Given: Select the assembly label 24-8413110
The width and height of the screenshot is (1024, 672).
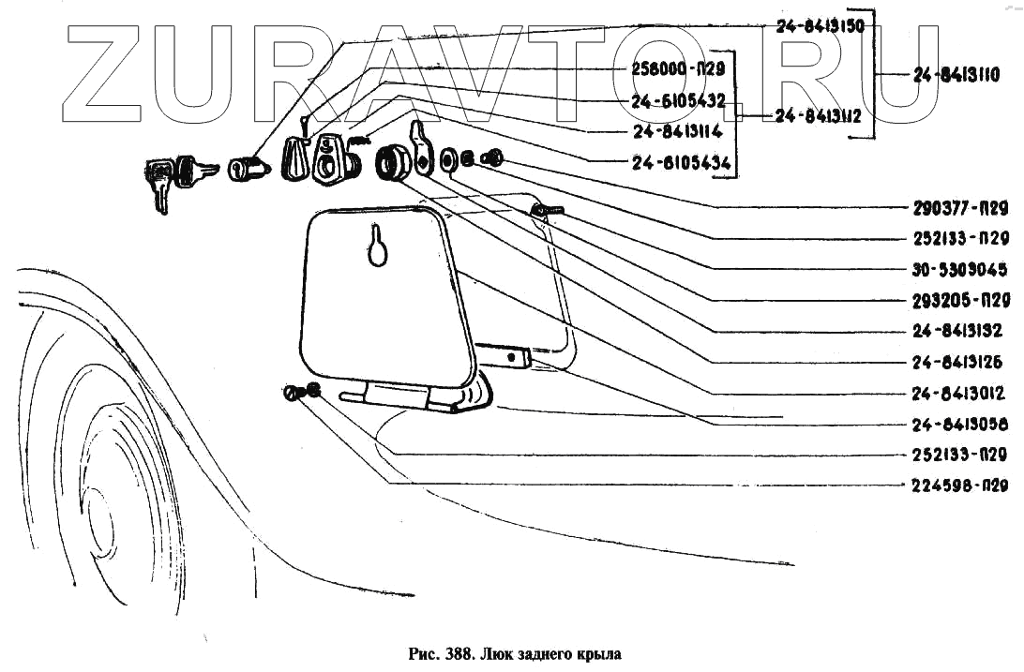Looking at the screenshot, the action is point(956,75).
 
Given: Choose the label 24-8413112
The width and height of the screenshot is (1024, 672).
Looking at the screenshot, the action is point(819,116).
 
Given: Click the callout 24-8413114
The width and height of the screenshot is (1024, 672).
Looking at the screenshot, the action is point(677,131).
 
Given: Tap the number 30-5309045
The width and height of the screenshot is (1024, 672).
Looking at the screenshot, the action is point(959,270).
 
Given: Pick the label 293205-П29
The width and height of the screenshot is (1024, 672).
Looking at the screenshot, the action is point(959,301).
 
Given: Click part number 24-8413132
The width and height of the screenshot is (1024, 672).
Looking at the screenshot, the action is point(957,331).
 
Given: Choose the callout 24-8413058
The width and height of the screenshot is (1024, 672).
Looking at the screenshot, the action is point(957,424).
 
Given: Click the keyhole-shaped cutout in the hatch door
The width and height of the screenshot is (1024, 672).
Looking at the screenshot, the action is point(377,246).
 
